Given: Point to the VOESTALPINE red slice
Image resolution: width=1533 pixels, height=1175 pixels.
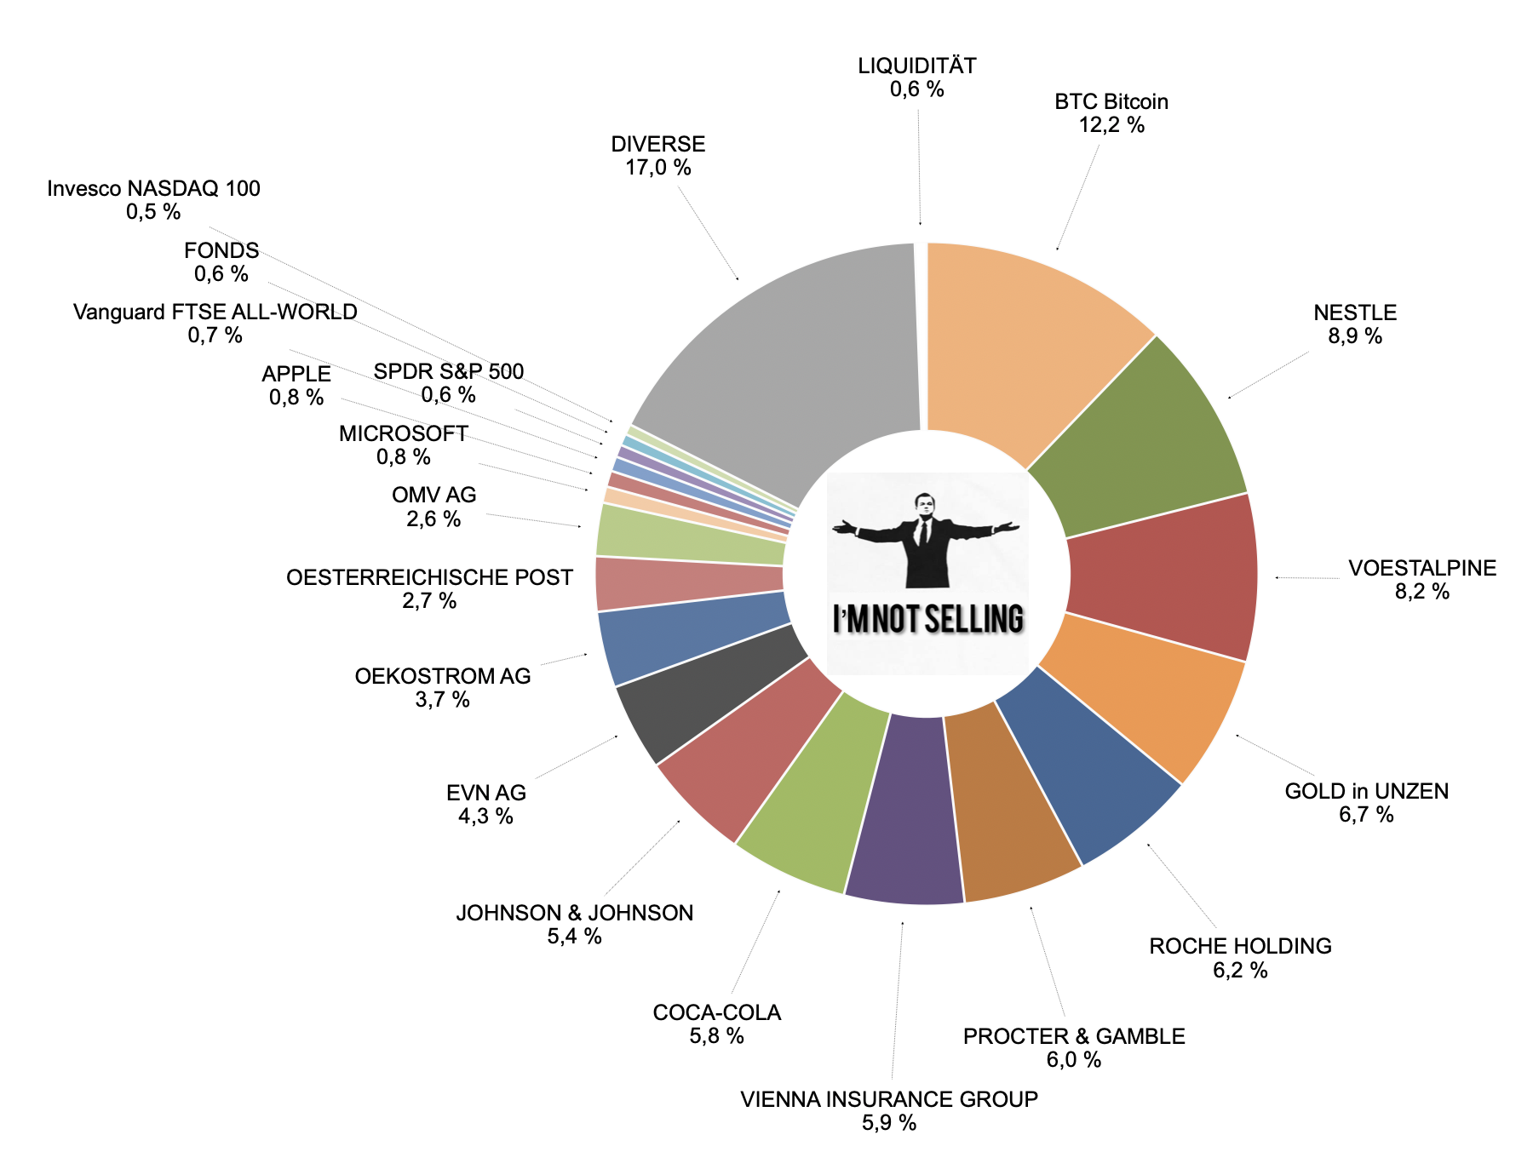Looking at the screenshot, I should pyautogui.click(x=1167, y=579).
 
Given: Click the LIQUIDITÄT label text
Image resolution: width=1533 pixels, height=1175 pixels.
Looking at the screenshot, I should pyautogui.click(x=916, y=66).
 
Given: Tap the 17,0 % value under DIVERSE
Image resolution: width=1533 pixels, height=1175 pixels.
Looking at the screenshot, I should pyautogui.click(x=657, y=168).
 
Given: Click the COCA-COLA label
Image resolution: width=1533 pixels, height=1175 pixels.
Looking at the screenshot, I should pyautogui.click(x=716, y=1012).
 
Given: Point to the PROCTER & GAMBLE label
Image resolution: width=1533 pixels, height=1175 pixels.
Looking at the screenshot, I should pyautogui.click(x=1073, y=1036).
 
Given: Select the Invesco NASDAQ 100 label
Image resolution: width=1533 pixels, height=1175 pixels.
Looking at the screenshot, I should pyautogui.click(x=153, y=188).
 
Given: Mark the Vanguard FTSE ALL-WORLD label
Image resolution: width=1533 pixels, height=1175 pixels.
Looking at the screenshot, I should pyautogui.click(x=215, y=312).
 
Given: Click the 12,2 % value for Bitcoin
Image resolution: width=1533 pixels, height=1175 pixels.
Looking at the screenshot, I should pyautogui.click(x=1111, y=125).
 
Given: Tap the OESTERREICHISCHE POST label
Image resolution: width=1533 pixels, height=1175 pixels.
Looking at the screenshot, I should pyautogui.click(x=429, y=577).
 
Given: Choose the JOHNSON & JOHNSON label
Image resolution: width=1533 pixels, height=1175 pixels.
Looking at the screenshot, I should pyautogui.click(x=574, y=913).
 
